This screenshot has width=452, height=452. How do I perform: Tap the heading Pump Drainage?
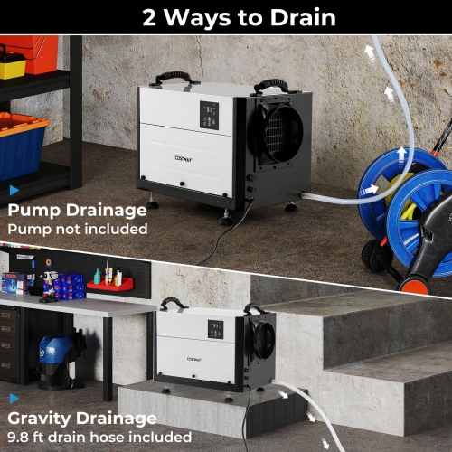pos(77,211)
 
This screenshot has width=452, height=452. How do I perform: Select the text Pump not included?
pos(77,230)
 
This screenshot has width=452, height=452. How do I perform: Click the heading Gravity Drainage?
pos(81,419)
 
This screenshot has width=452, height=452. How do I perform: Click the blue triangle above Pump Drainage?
pos(14,191)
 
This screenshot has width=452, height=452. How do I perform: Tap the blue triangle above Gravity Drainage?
pos(14,399)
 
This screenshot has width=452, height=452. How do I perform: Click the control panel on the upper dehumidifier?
pos(210,115)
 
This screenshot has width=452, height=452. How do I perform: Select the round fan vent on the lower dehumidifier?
pos(262,341)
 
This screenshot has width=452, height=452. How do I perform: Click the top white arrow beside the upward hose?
pos(371,53)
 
